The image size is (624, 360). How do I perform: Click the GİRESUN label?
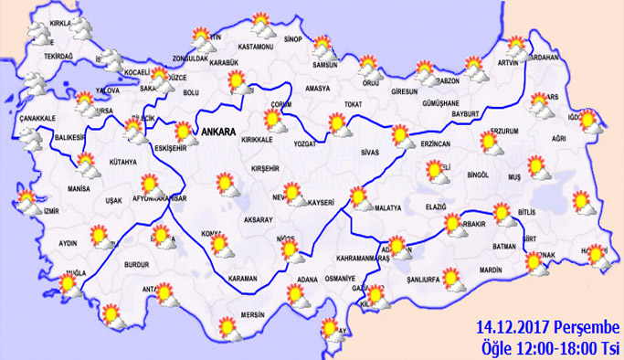403,91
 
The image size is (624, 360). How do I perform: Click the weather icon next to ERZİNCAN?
402,137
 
